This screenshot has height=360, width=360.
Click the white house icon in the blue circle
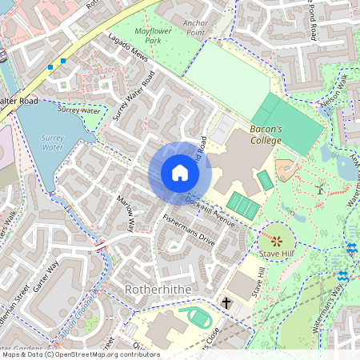pyautogui.click(x=180, y=173)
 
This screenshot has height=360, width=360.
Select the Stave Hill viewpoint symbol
pyautogui.click(x=277, y=240)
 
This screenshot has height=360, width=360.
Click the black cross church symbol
pyautogui.click(x=226, y=303)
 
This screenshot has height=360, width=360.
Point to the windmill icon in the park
pyautogui.click(x=319, y=190)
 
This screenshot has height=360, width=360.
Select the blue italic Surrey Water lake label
pyautogui.click(x=52, y=143)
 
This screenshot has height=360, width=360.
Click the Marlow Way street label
pyautogui.click(x=125, y=215)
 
